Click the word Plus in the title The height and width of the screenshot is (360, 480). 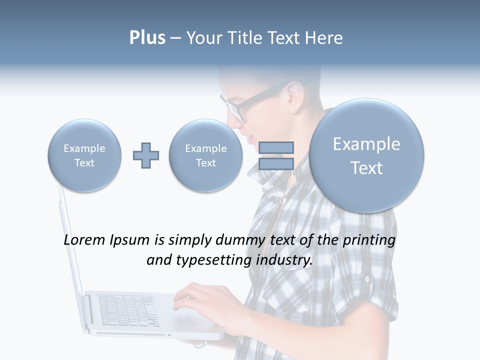(147, 38)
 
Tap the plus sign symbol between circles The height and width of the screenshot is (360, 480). (146, 155)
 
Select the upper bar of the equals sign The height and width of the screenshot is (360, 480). (276, 147)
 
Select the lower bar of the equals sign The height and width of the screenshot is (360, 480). (276, 164)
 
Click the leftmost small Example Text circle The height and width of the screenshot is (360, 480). (84, 155)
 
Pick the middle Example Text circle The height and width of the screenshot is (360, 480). (205, 155)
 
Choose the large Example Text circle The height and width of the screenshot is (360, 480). (366, 155)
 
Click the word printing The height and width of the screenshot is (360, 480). (368, 240)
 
